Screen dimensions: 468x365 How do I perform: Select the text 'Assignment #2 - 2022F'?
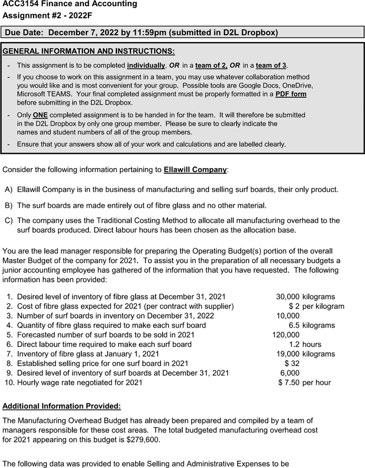coord(47,16)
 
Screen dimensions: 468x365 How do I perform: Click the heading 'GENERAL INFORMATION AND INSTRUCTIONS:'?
coord(89,52)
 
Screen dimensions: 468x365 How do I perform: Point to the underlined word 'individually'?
coord(146,66)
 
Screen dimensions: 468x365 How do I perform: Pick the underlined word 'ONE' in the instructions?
coord(40,115)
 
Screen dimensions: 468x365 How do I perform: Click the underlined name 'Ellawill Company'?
coord(195,170)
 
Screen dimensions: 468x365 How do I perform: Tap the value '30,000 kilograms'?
coord(305,297)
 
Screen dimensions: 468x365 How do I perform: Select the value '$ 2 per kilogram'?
coord(316,306)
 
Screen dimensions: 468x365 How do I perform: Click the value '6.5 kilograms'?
coord(312,325)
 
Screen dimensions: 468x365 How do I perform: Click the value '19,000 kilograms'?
coord(305,354)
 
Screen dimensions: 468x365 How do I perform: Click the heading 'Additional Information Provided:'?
coord(62,405)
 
